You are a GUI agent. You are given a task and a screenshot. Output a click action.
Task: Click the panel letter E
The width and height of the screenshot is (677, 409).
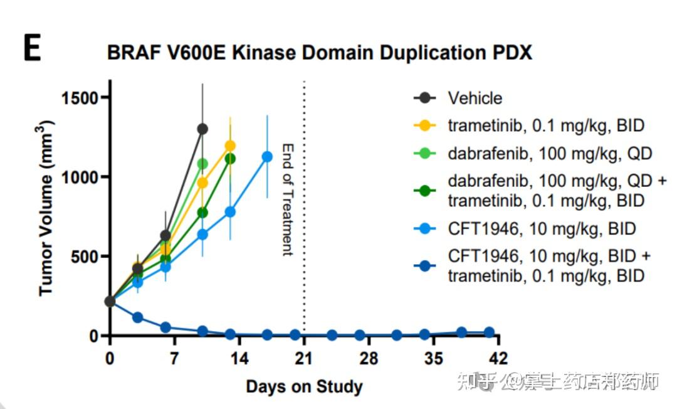click(x=32, y=50)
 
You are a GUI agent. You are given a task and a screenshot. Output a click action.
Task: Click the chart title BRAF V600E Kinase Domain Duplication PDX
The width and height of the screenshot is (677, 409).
click(x=320, y=53)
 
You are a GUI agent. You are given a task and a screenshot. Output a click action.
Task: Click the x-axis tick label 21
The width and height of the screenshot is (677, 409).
click(x=304, y=359)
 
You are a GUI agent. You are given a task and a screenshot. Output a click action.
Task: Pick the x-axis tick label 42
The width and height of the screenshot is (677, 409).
click(x=498, y=359)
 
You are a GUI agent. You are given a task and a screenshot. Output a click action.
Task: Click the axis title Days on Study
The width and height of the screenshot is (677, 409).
click(x=304, y=386)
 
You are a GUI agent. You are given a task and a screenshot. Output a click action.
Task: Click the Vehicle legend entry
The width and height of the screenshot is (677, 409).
click(x=475, y=98)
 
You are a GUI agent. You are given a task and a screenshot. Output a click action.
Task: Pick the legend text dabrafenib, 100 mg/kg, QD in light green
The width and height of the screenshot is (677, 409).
click(x=550, y=153)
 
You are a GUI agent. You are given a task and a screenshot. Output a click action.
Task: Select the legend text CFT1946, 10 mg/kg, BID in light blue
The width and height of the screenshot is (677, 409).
click(x=542, y=228)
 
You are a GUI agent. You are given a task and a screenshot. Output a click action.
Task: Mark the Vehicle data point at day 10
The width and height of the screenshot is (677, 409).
click(x=202, y=129)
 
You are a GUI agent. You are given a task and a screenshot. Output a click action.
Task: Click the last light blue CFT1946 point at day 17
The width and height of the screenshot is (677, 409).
click(x=267, y=157)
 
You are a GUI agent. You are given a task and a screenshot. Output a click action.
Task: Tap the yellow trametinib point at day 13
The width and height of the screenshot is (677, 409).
click(x=230, y=146)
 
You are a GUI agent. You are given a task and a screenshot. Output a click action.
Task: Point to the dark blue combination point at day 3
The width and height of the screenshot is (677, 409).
click(x=138, y=317)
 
